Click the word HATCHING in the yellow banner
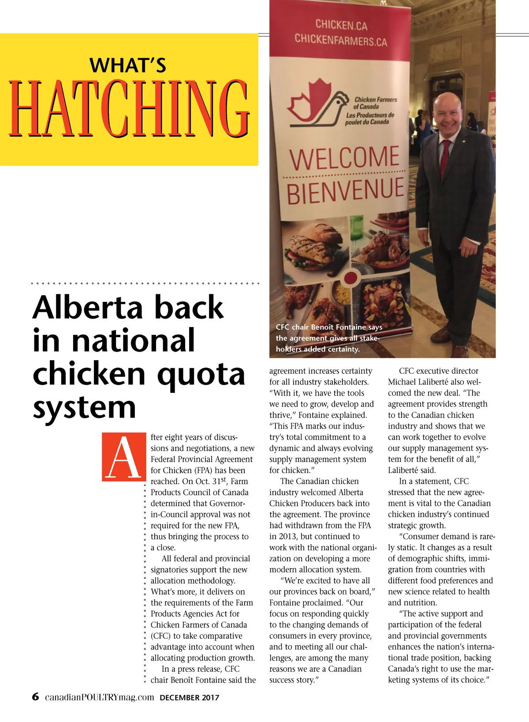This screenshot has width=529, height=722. coord(129,108)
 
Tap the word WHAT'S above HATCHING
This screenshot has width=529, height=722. coord(128,65)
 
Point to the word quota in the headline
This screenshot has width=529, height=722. coord(201,374)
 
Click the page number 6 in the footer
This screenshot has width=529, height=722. coord(35,697)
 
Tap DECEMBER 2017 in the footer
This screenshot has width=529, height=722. coord(189,698)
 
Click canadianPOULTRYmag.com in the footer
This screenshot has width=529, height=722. coord(100,697)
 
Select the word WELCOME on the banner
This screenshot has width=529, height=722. coord(344,158)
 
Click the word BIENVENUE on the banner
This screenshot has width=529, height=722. coord(345,191)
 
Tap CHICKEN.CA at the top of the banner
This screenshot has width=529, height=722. coord(341,25)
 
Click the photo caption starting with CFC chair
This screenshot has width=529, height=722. coord(328,338)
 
